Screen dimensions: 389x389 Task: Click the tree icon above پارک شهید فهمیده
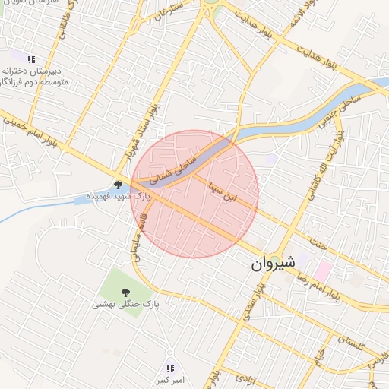[x=118, y=184]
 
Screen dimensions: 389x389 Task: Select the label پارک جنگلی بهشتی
[x=125, y=305]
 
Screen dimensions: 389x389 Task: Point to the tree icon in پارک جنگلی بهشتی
[x=125, y=292]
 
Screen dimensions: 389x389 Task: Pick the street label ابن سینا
[x=233, y=191]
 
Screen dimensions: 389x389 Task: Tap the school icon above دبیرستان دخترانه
[x=31, y=59]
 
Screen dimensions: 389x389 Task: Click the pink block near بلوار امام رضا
[x=324, y=270]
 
